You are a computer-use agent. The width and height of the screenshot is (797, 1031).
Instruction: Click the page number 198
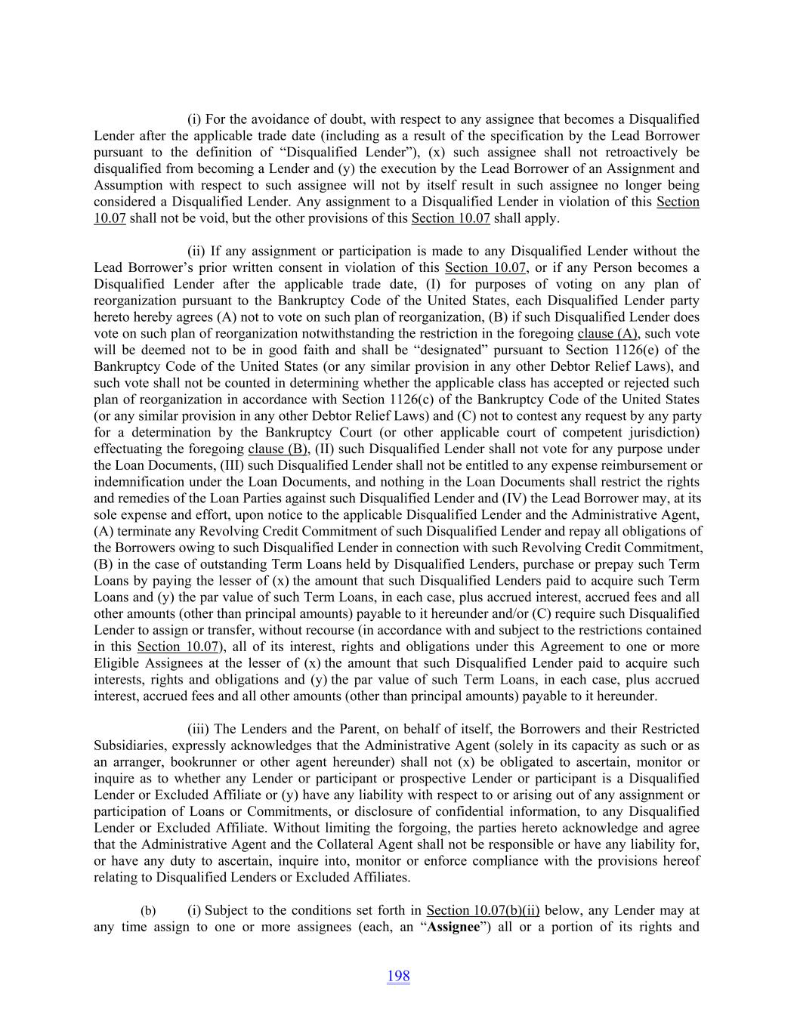[x=398, y=976]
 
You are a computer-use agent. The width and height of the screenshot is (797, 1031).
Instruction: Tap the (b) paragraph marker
[x=148, y=911]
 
